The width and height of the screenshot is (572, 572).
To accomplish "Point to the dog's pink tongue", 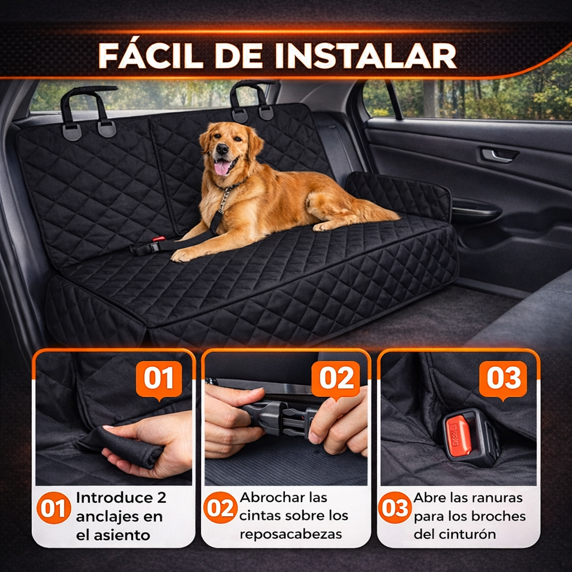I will [x=222, y=166].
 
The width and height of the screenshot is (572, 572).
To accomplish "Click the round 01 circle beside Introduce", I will [x=54, y=508].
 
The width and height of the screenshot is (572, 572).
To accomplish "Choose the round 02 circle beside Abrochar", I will [x=220, y=508].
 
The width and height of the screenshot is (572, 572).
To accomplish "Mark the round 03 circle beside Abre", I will [x=395, y=508].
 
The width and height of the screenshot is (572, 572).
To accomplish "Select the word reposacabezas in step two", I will [x=290, y=534].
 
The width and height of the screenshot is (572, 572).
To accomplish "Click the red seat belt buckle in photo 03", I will [x=459, y=436].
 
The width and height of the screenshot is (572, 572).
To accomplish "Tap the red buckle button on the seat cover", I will [x=159, y=240].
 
